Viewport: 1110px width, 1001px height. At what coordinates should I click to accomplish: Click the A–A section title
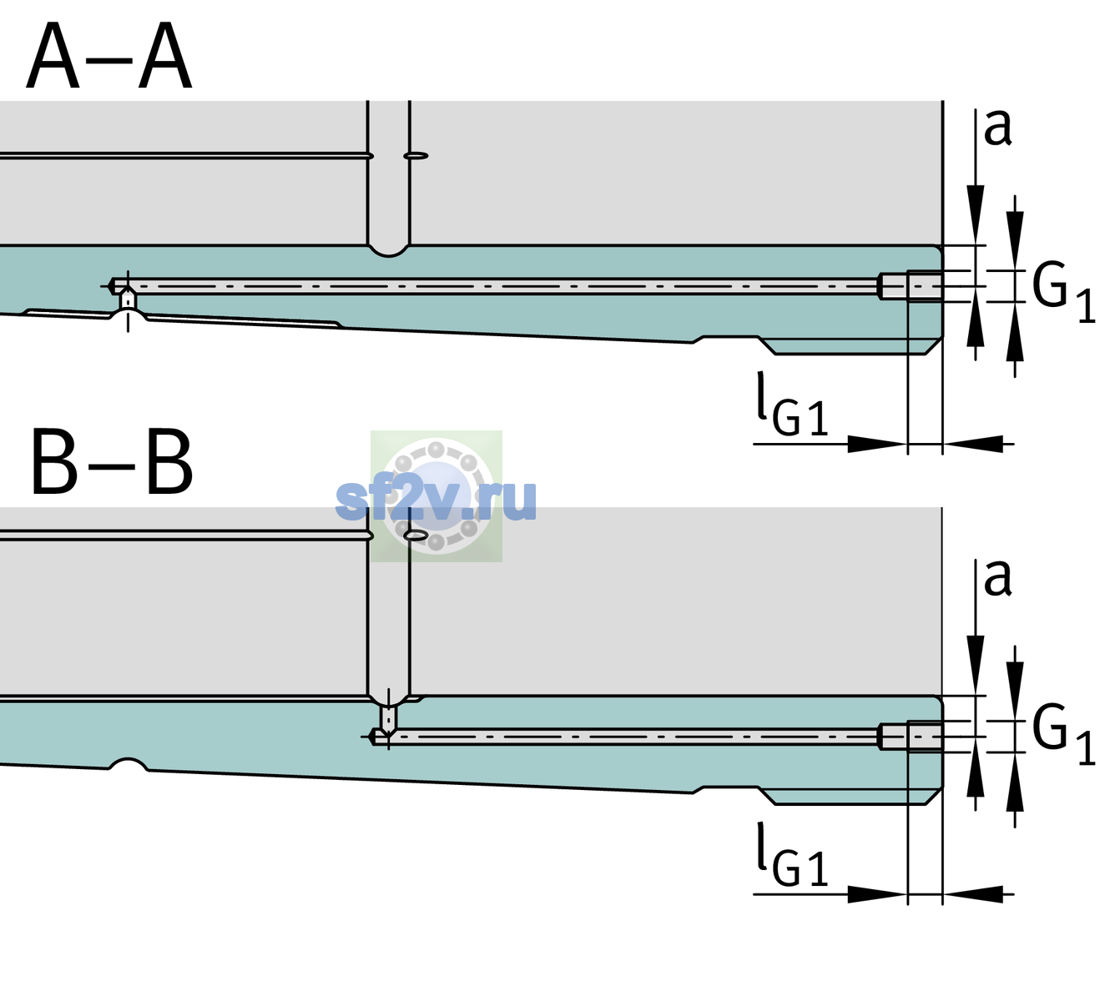[109, 57]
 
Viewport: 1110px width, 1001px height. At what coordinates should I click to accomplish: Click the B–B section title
[112, 462]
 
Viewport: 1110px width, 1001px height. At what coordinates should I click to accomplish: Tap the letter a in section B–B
[997, 578]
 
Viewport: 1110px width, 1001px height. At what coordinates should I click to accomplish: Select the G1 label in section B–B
[1063, 735]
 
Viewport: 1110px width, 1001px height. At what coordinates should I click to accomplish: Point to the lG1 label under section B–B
[792, 854]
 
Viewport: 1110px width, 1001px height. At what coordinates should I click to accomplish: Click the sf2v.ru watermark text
[436, 500]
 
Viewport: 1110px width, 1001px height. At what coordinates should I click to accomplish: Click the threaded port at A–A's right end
[911, 286]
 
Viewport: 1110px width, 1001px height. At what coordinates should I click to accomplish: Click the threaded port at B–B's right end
[911, 737]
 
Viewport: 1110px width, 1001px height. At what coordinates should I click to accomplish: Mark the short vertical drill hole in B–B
[389, 717]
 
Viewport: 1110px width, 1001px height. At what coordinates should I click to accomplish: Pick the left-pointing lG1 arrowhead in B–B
[973, 894]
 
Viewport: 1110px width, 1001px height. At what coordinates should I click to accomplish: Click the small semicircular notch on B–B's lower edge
[129, 764]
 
